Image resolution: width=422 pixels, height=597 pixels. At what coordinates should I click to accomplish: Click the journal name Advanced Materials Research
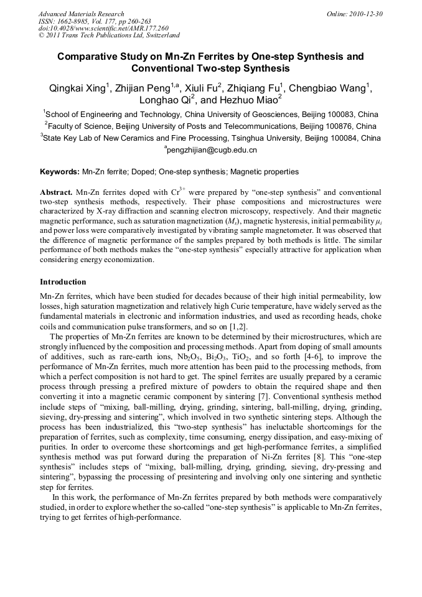81,14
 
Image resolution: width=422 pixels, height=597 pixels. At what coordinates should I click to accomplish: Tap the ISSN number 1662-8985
78,21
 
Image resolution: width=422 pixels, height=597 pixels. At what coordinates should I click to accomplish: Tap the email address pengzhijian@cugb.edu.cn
212,150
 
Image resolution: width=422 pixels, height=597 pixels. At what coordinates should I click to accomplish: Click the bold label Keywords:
60,171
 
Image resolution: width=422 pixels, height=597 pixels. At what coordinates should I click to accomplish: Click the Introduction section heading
63,282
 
